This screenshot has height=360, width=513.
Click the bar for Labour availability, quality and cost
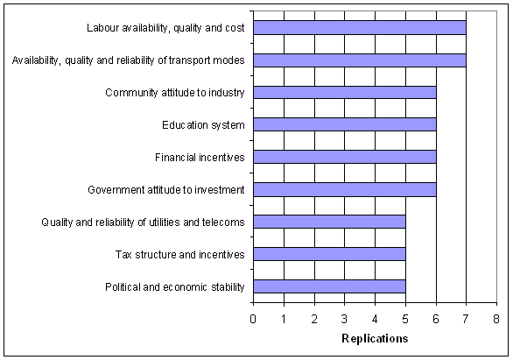point(360,27)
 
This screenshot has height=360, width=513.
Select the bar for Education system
point(345,124)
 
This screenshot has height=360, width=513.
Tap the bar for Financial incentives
point(345,157)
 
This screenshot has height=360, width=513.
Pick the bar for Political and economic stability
point(329,286)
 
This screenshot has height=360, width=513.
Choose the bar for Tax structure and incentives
point(329,254)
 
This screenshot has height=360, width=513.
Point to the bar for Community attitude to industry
point(345,92)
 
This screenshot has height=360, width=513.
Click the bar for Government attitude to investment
point(345,189)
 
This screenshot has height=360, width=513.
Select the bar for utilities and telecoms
point(329,222)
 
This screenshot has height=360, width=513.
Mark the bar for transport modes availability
point(360,60)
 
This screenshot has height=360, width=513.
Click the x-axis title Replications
point(375,338)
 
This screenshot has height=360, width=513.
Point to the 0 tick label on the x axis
point(253,319)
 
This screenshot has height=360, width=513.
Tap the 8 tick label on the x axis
point(496,319)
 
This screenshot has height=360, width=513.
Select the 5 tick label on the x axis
point(405,319)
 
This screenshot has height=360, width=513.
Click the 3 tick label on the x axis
point(344,319)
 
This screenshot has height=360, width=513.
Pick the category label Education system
point(203,125)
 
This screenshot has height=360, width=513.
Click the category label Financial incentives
point(200,158)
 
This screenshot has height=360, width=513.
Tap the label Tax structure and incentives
point(180,255)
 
